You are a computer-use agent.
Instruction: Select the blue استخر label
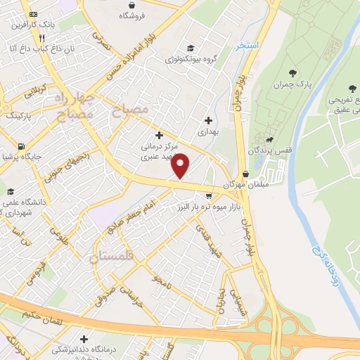click(248, 44)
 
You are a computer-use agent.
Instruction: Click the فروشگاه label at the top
click(131, 15)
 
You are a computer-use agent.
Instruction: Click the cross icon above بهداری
click(207, 120)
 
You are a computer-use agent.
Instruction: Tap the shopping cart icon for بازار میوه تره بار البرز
click(208, 196)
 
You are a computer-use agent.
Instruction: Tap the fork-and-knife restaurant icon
click(43, 38)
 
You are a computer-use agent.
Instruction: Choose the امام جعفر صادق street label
click(134, 215)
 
